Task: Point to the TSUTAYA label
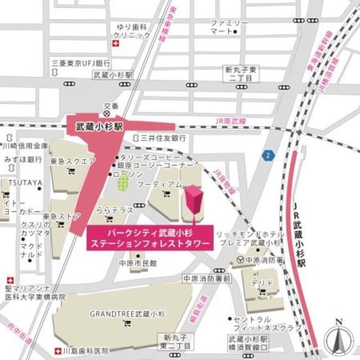coord(21,183)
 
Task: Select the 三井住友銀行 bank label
coord(163,138)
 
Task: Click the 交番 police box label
coord(111,106)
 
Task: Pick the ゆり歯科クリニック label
coord(133,31)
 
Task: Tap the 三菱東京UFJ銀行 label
coord(80,62)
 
